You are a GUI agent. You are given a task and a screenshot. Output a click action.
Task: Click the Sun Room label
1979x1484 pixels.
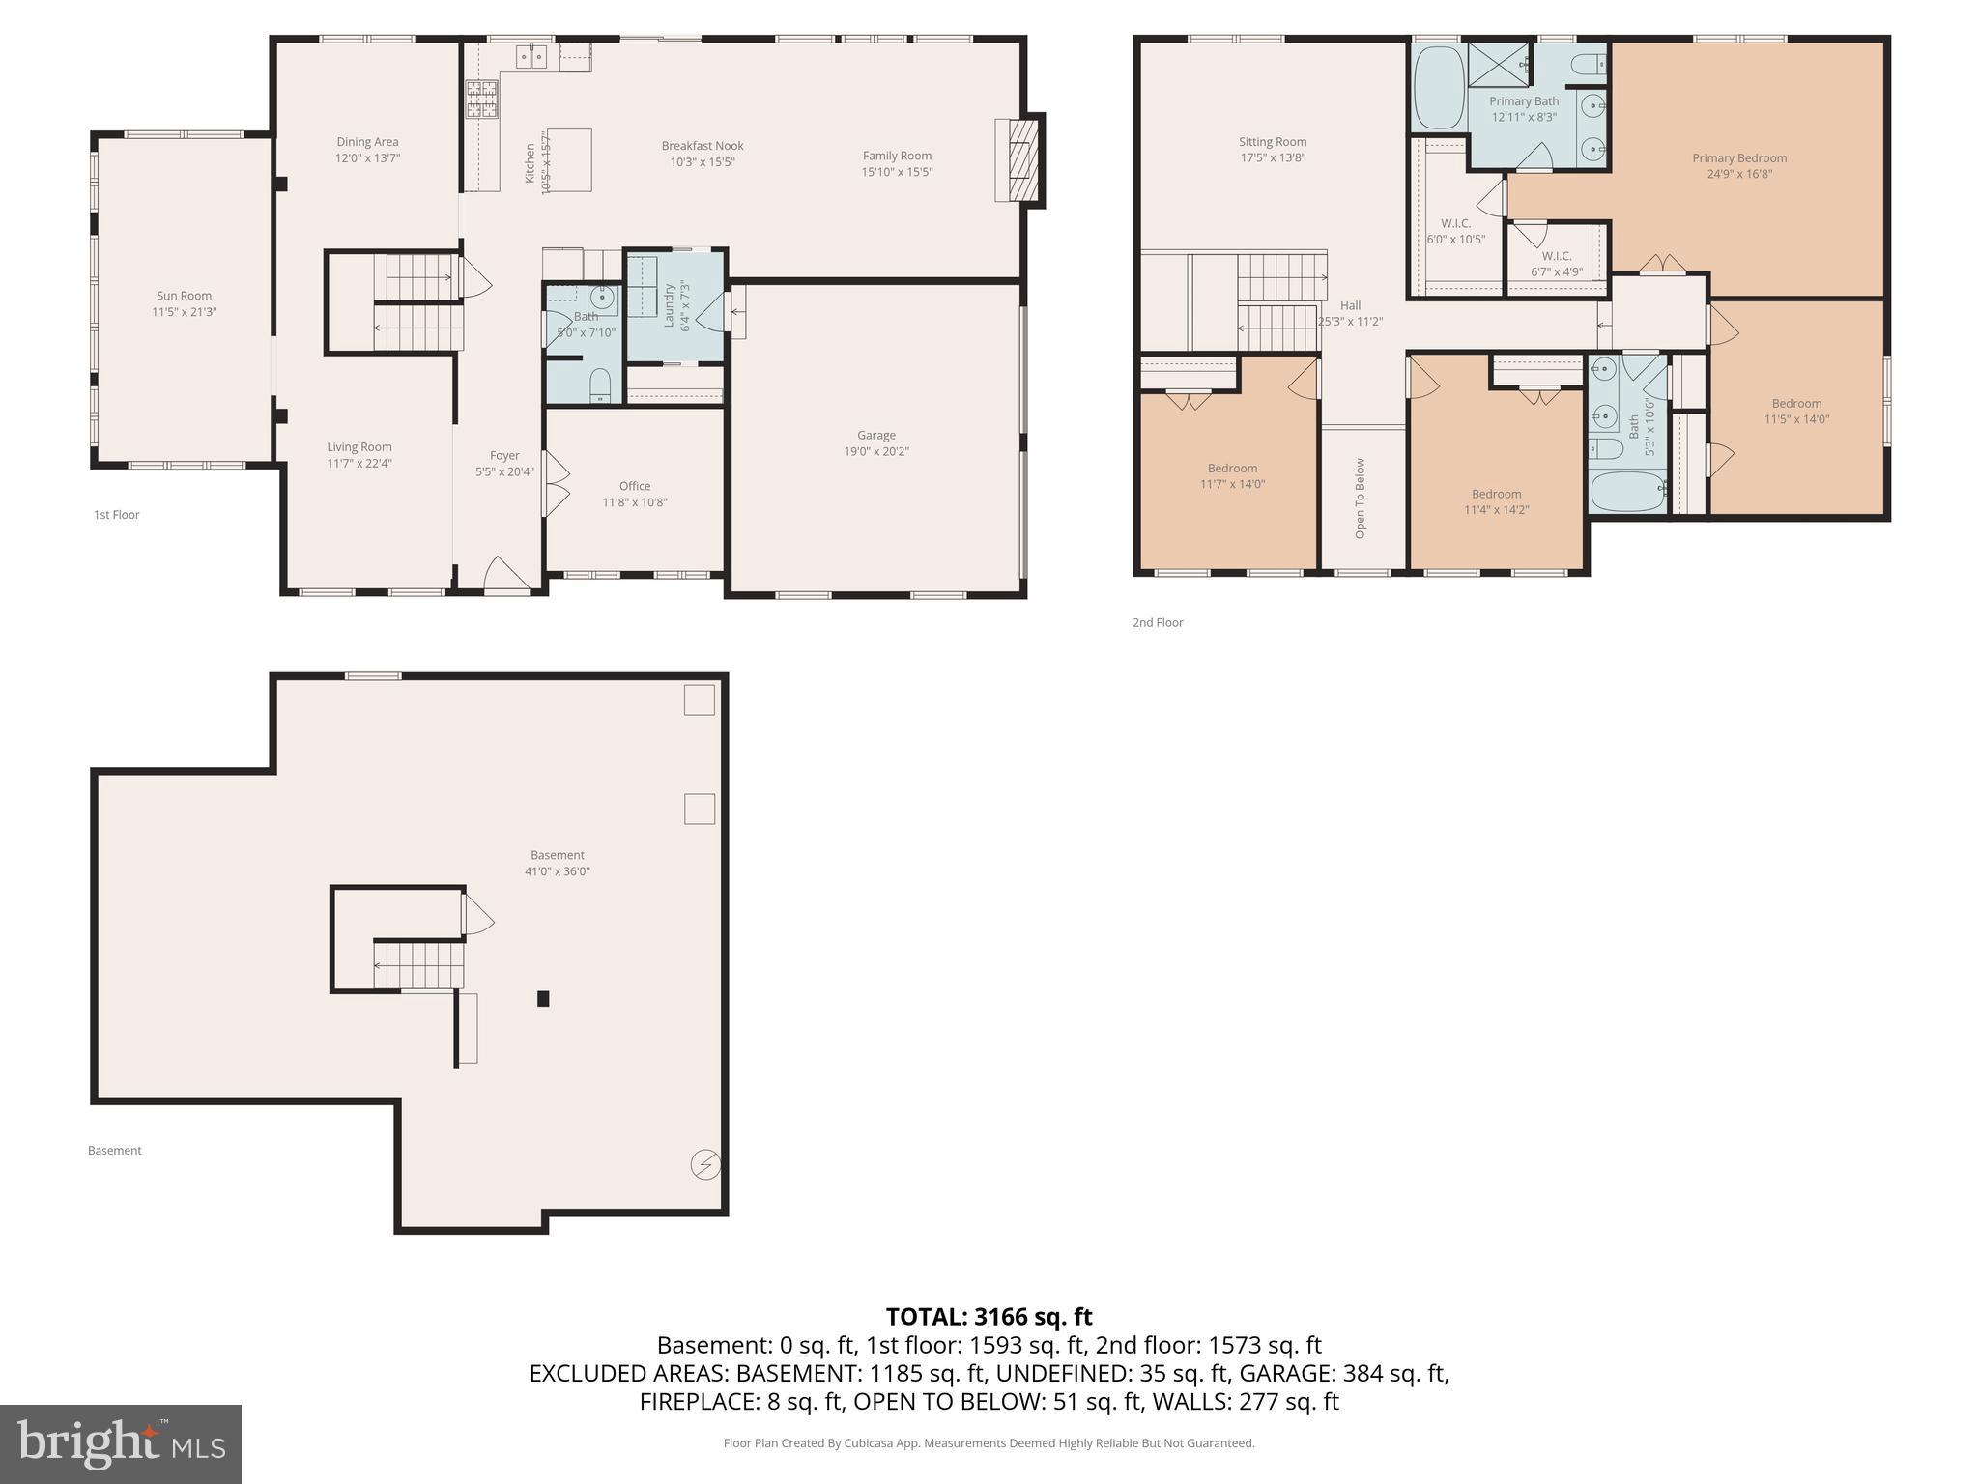click(184, 296)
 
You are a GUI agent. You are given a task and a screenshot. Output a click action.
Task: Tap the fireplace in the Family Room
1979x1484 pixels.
click(1019, 160)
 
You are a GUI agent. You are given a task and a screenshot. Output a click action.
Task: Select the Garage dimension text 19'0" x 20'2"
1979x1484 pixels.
click(875, 451)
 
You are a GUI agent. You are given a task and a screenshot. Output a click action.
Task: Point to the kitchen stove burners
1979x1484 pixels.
click(482, 100)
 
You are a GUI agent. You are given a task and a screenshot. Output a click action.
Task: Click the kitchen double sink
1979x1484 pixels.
click(531, 57)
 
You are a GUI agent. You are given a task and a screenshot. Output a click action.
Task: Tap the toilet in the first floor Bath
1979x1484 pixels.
click(600, 384)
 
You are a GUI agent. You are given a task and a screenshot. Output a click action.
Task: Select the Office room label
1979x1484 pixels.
click(635, 486)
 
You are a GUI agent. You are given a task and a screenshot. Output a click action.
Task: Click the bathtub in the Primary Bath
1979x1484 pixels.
click(1439, 88)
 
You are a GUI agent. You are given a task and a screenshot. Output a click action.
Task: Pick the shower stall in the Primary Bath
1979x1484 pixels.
click(1498, 65)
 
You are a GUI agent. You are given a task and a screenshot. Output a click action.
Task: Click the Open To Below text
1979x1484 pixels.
click(1361, 498)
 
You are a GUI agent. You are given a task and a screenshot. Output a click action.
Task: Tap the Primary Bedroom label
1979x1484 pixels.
click(1738, 157)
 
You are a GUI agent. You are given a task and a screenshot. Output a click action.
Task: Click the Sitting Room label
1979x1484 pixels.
click(1272, 141)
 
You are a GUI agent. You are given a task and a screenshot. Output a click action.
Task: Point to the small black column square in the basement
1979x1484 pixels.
click(543, 998)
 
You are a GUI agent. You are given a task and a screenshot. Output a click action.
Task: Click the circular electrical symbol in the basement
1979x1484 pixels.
click(704, 1164)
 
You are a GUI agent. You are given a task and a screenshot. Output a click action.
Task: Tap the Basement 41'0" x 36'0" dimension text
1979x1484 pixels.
click(558, 870)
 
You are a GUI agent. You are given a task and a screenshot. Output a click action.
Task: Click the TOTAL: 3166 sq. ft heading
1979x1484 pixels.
click(989, 1316)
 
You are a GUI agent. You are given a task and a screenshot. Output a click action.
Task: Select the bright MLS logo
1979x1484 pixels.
click(121, 1443)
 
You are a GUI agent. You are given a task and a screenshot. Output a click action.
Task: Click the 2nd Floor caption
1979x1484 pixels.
click(1158, 622)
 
